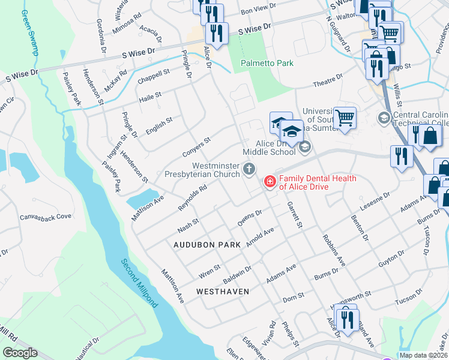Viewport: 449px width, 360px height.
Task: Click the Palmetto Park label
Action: click(267, 62)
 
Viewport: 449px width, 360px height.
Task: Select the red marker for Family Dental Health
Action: click(268, 181)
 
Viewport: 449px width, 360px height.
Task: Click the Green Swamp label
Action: click(29, 32)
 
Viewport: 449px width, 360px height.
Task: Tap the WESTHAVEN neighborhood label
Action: click(222, 291)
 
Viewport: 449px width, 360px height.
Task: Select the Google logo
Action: click(20, 353)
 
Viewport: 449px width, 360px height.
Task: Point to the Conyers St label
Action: click(196, 148)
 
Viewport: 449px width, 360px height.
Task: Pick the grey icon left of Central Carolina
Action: click(382, 116)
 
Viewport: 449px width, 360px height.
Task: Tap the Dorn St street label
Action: click(294, 296)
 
